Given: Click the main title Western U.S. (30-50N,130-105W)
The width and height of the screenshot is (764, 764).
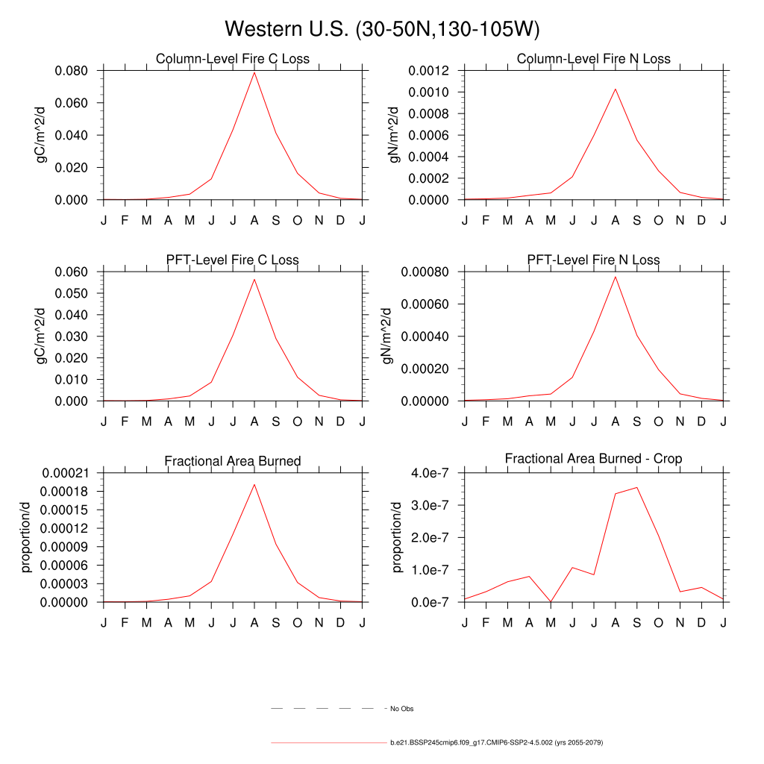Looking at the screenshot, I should [x=381, y=29].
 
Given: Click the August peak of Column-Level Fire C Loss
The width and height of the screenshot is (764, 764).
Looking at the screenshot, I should [x=254, y=72].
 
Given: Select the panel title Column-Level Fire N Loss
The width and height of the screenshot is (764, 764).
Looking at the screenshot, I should [x=593, y=58].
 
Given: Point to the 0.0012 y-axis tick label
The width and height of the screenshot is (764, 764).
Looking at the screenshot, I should [x=429, y=71].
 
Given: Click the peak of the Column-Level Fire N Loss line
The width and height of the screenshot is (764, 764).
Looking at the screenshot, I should [x=616, y=89].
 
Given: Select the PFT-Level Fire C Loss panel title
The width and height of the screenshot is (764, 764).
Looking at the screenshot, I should [x=232, y=260].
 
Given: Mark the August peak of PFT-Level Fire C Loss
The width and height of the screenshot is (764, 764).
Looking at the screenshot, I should [x=254, y=279].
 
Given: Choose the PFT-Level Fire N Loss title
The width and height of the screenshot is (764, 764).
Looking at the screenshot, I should [x=593, y=260].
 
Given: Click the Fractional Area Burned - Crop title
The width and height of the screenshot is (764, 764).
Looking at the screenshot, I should [x=593, y=458].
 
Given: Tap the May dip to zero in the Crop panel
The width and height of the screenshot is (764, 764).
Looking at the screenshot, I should [x=551, y=601].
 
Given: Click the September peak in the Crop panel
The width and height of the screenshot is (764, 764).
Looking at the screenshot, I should [x=637, y=487].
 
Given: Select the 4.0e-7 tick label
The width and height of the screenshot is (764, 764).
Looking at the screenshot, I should [x=432, y=473].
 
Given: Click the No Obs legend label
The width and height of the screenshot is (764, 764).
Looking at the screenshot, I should [x=401, y=708].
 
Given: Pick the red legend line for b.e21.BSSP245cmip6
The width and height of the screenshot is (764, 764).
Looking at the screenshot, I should [x=328, y=743].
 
